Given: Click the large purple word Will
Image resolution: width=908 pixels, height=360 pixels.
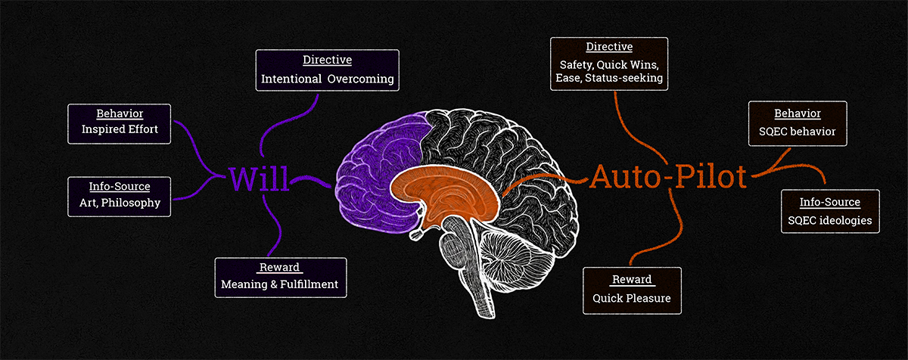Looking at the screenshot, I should (258, 178).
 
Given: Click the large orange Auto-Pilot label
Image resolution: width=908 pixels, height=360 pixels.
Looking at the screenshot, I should (668, 177).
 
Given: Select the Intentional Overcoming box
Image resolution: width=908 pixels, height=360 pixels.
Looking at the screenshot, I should (327, 70).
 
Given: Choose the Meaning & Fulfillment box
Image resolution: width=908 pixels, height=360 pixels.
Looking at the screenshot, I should (280, 277).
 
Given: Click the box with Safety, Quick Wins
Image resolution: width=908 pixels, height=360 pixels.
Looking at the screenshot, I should (609, 64).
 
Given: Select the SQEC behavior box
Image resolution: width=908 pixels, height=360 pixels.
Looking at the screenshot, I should (797, 123).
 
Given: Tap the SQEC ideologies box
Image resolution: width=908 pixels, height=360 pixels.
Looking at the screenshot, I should (830, 211).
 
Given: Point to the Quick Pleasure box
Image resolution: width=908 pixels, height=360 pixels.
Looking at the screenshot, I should (632, 290).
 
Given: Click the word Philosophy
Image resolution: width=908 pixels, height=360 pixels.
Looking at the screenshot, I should (136, 203).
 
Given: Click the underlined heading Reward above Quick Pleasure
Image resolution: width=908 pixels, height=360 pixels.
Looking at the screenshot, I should (632, 280).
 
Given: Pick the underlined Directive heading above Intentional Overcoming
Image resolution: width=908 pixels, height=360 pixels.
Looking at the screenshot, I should (327, 60).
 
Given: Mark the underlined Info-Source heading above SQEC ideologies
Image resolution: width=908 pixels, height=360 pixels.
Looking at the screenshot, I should (830, 202).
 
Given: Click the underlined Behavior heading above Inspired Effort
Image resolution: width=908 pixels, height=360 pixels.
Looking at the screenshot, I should (120, 113).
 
